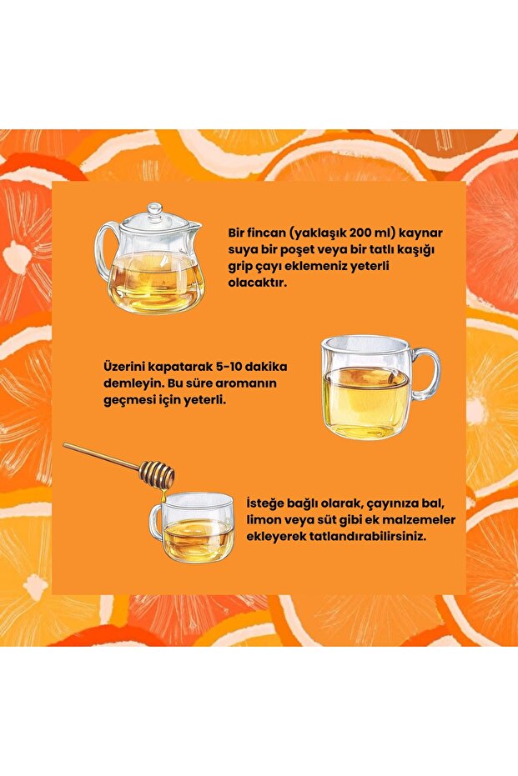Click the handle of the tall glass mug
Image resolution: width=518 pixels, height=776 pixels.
[x=427, y=373]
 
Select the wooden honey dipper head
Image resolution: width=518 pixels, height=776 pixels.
[x=157, y=474]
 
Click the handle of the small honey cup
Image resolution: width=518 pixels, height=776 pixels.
[x=155, y=522]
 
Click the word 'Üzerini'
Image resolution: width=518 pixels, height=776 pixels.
[x=124, y=366]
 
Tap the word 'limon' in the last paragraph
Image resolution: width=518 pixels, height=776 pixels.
[x=264, y=521]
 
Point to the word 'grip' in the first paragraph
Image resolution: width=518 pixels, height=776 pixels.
[x=242, y=267]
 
